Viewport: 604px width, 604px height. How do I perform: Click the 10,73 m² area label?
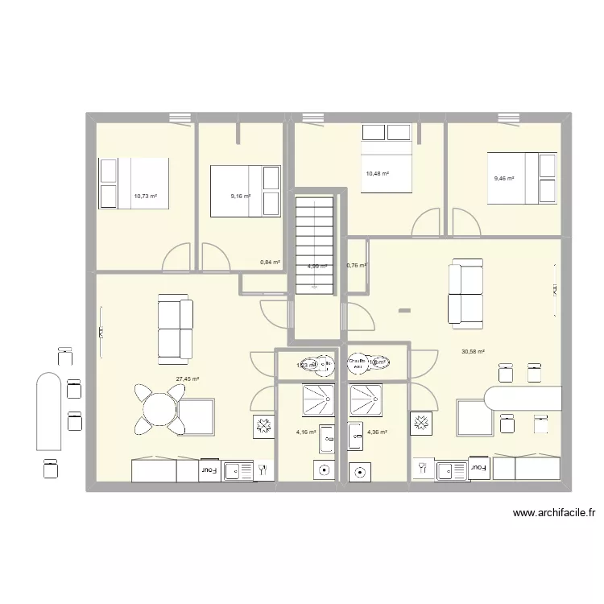coord(146,196)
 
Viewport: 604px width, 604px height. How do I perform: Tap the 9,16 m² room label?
coord(240,196)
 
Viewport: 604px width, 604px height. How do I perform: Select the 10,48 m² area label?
coord(377,173)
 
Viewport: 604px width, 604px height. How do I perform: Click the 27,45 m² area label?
coord(188,379)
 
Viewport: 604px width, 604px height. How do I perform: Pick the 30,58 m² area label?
coord(473,351)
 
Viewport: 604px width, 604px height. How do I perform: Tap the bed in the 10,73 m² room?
coord(134,183)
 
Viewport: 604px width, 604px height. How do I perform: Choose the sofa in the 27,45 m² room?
coord(175,327)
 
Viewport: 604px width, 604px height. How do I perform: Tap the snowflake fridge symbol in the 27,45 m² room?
coord(263,427)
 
